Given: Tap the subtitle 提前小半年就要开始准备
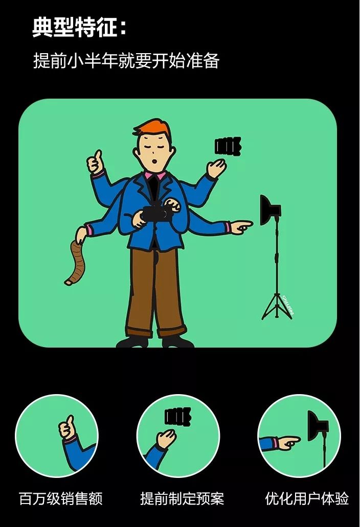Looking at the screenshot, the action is pyautogui.click(x=126, y=61).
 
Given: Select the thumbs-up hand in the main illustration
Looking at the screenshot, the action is pyautogui.click(x=95, y=163).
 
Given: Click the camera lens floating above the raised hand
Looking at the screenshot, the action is pyautogui.click(x=228, y=146).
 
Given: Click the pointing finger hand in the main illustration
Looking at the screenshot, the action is pyautogui.click(x=241, y=226).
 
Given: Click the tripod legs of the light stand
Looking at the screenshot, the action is pyautogui.click(x=277, y=306).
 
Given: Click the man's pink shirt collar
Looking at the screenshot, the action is pyautogui.click(x=155, y=175).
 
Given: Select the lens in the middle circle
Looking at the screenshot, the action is pyautogui.click(x=178, y=417).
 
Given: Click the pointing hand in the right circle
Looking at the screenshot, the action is pyautogui.click(x=287, y=442).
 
